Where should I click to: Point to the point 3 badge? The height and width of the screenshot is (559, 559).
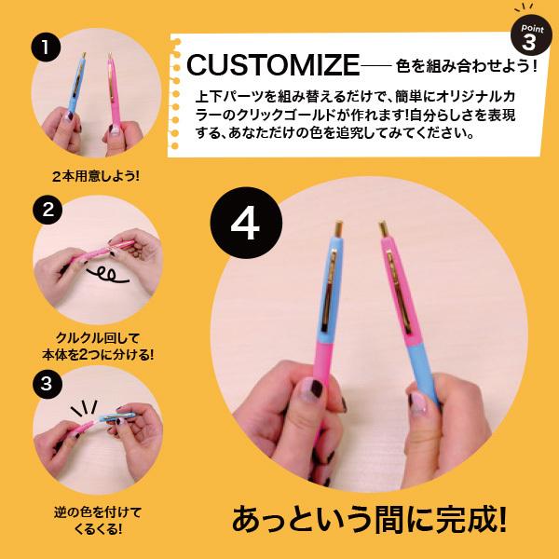(x=529, y=37)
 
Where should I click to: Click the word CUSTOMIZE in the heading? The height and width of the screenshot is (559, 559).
(x=272, y=65)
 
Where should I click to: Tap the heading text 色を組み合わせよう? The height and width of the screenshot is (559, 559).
(x=467, y=66)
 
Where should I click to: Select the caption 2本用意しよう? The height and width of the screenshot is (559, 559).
(x=94, y=175)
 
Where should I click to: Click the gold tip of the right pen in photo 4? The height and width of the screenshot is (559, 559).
(x=383, y=228)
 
